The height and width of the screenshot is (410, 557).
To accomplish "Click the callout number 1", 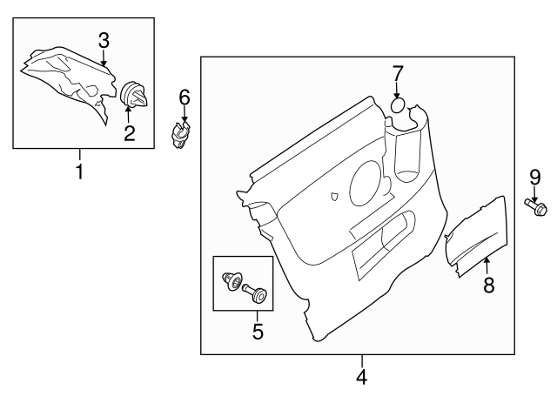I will pos(79,171).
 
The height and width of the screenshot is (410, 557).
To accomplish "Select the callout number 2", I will pos(129,133).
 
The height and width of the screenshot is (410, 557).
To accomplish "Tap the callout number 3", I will pos(104,40).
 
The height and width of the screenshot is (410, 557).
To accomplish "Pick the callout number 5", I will pos(257,331).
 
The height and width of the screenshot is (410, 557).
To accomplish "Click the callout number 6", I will pos(185,97).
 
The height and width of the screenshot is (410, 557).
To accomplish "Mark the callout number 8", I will pos(488,284).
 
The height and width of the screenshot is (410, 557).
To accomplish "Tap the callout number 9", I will pos(534,177).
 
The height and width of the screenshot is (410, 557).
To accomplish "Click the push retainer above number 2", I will pos(135,95).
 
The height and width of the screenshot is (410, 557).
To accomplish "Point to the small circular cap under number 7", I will pos(397,106).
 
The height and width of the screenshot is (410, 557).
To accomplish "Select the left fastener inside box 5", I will pos(232,281).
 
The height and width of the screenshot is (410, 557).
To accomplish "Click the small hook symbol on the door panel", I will pos(334,197).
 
